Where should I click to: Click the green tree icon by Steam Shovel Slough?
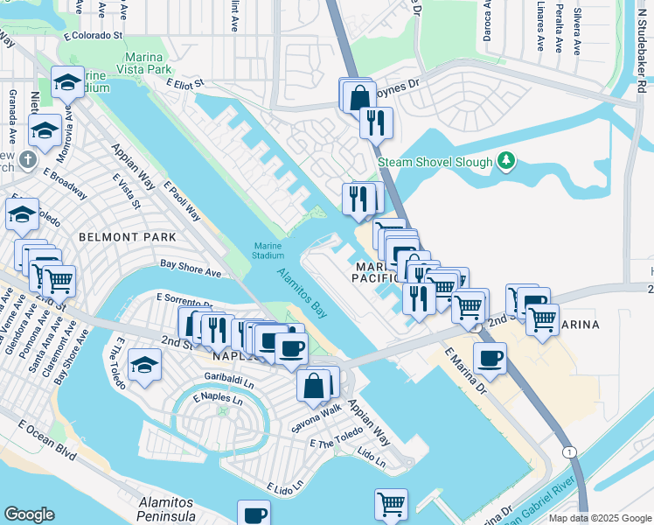click(x=504, y=161)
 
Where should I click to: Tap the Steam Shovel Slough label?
click(x=435, y=162)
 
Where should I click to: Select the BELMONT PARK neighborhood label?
click(x=127, y=237)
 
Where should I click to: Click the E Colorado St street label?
click(x=92, y=36)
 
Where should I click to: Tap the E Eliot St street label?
click(x=184, y=83)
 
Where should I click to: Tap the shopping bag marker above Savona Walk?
click(x=313, y=384)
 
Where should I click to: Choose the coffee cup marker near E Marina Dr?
click(x=490, y=358)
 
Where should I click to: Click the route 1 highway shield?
click(x=569, y=451)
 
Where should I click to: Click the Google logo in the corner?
click(x=30, y=514)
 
